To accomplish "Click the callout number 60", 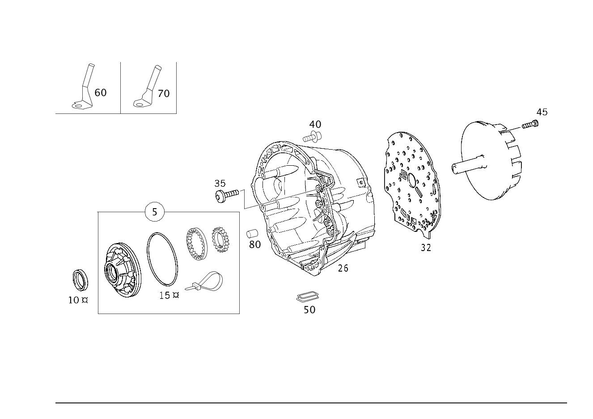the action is pyautogui.click(x=101, y=93).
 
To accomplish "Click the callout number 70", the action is pyautogui.click(x=164, y=93).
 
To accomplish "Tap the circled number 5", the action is pyautogui.click(x=155, y=212).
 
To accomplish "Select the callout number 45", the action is pyautogui.click(x=542, y=112).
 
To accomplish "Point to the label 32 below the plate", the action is pyautogui.click(x=426, y=248).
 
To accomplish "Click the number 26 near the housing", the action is pyautogui.click(x=343, y=268).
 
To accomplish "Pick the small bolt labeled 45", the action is pyautogui.click(x=530, y=125).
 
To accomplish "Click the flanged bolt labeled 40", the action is pyautogui.click(x=313, y=136).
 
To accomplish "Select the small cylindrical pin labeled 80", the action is pyautogui.click(x=252, y=234).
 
